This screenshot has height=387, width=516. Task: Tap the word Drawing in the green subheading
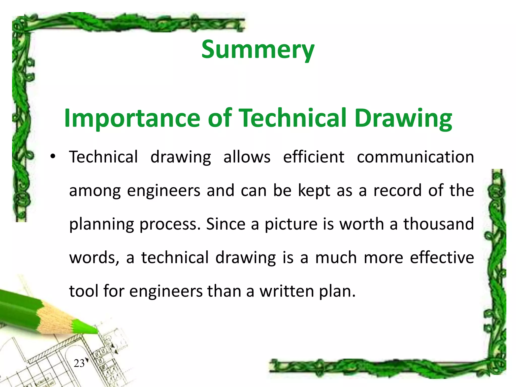pyautogui.click(x=403, y=118)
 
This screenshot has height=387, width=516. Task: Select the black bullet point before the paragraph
pyautogui.click(x=52, y=156)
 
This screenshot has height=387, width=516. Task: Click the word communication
pyautogui.click(x=415, y=157)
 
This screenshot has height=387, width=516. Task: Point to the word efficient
pyautogui.click(x=314, y=157)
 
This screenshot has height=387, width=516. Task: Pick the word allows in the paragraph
pyautogui.click(x=247, y=157)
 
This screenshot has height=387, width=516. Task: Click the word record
pyautogui.click(x=397, y=190)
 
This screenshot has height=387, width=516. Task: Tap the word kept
pyautogui.click(x=314, y=191)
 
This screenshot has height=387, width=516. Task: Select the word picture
pyautogui.click(x=291, y=224)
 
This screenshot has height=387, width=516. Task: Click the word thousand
pyautogui.click(x=439, y=224)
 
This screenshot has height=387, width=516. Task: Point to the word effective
pyautogui.click(x=442, y=257)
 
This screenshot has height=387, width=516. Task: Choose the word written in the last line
pyautogui.click(x=287, y=291)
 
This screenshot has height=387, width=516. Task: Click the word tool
pyautogui.click(x=84, y=291)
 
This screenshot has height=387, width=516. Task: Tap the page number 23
pyautogui.click(x=79, y=363)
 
